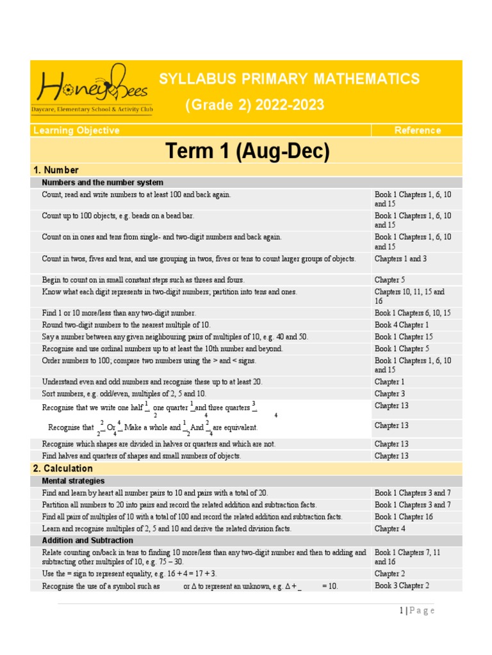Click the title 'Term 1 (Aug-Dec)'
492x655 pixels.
click(247, 151)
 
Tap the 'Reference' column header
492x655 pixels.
click(417, 130)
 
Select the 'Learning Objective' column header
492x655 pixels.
click(76, 130)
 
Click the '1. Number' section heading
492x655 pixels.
click(56, 170)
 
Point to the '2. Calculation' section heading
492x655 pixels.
click(63, 469)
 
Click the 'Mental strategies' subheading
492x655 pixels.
click(73, 481)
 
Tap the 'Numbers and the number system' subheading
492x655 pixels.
click(102, 182)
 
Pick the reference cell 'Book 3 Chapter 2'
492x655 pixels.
click(402, 586)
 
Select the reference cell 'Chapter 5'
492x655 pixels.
click(391, 280)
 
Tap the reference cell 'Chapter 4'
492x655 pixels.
click(390, 529)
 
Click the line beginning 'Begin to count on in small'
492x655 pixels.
click(143, 280)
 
